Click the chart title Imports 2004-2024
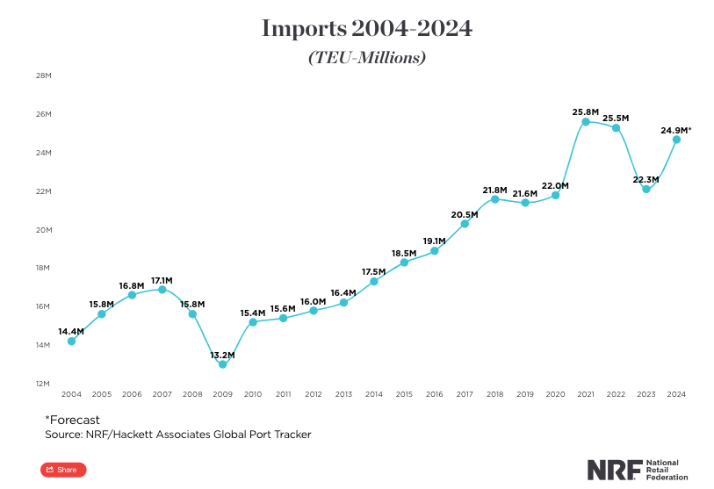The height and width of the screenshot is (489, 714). [367, 28]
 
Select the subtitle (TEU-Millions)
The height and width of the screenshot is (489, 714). [367, 58]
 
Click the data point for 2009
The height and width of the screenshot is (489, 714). [222, 364]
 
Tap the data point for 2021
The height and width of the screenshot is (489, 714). [586, 121]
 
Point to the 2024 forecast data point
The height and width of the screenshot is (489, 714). [676, 140]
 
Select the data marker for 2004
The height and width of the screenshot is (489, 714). [71, 341]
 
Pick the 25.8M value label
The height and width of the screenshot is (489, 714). [585, 112]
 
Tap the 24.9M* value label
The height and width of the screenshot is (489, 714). [675, 130]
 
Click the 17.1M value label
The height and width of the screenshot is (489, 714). [162, 280]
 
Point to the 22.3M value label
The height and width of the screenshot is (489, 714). [645, 180]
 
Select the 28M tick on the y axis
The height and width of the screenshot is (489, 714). [43, 76]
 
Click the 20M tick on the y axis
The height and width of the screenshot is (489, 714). [43, 230]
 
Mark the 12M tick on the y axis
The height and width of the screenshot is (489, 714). [43, 384]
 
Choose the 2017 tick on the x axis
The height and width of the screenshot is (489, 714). [465, 395]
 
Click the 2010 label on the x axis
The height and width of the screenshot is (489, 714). [253, 395]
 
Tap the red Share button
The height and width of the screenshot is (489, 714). [63, 470]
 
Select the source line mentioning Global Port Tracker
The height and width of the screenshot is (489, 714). [177, 435]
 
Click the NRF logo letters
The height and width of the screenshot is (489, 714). [613, 469]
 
